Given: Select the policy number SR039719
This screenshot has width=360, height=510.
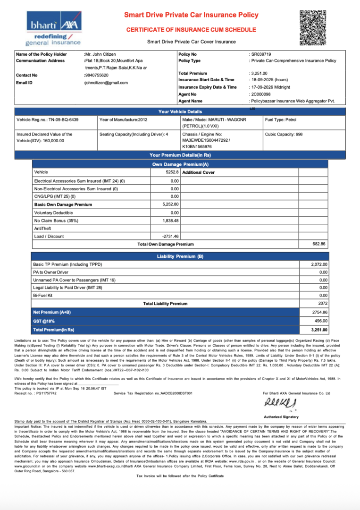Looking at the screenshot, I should [x=261, y=55].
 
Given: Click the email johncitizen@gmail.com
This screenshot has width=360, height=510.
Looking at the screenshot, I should [x=106, y=83].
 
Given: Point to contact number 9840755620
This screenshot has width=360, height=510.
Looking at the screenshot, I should [x=96, y=76].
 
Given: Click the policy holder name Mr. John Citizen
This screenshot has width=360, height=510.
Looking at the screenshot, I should [x=100, y=55].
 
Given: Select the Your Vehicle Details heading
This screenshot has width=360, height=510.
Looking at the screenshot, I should [x=180, y=111].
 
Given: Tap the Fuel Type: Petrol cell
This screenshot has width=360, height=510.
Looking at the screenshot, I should [x=281, y=120].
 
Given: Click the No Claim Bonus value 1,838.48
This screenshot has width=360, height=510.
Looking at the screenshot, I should [x=170, y=221].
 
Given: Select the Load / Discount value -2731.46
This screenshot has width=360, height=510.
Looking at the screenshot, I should [x=170, y=236].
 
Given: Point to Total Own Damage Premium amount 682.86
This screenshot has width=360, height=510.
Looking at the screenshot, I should [x=319, y=244].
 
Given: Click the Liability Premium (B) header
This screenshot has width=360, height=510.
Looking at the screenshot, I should [x=180, y=256].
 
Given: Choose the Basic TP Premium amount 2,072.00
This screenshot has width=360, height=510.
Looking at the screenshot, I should [x=319, y=264].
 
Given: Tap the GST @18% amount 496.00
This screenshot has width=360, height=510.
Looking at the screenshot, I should [x=320, y=321].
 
